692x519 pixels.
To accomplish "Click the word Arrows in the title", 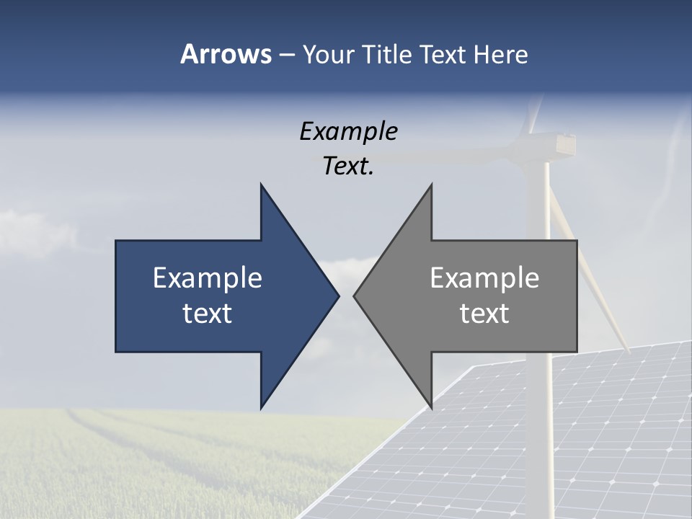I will pos(225,54).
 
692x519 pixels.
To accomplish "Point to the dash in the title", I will pos(286,56).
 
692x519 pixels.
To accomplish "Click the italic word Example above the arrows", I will pos(349,132).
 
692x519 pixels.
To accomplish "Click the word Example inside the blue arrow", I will pos(208,278).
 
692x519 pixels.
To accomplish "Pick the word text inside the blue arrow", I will pos(208,314).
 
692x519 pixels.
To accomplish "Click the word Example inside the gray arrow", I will pos(484,278).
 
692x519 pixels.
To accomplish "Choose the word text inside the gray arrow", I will pos(484,314).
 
